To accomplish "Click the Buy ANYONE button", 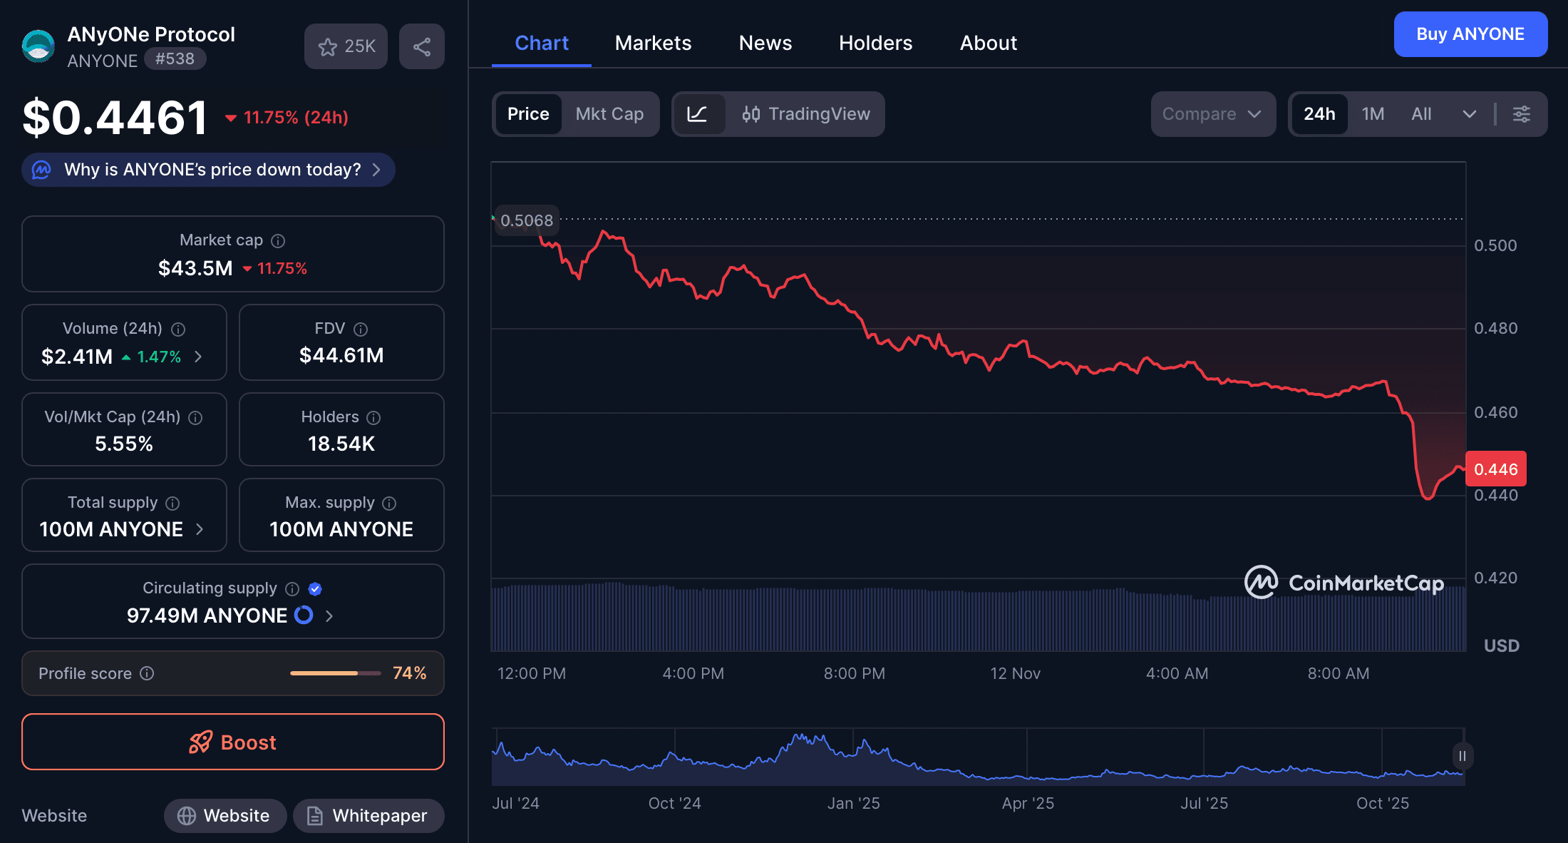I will click(1470, 34).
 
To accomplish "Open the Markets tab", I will click(653, 43).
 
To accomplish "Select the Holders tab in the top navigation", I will click(875, 43).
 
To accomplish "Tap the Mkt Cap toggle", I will click(609, 114).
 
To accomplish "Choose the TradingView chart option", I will click(806, 114).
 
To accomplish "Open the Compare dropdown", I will click(1212, 114).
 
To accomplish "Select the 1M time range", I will click(1373, 114).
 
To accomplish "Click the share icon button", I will click(422, 47).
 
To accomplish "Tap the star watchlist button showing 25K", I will click(346, 47).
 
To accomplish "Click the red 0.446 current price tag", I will click(1495, 469).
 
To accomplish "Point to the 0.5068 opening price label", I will click(527, 220).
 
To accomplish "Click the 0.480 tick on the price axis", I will click(1495, 328).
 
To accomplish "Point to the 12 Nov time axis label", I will click(1015, 673).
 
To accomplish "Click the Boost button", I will click(233, 742).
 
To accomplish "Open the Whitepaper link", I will click(368, 815).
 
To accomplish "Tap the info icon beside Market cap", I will click(278, 241).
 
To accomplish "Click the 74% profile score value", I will click(409, 673).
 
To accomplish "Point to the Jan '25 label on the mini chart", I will click(853, 803).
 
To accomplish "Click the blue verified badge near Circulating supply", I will click(315, 588).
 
